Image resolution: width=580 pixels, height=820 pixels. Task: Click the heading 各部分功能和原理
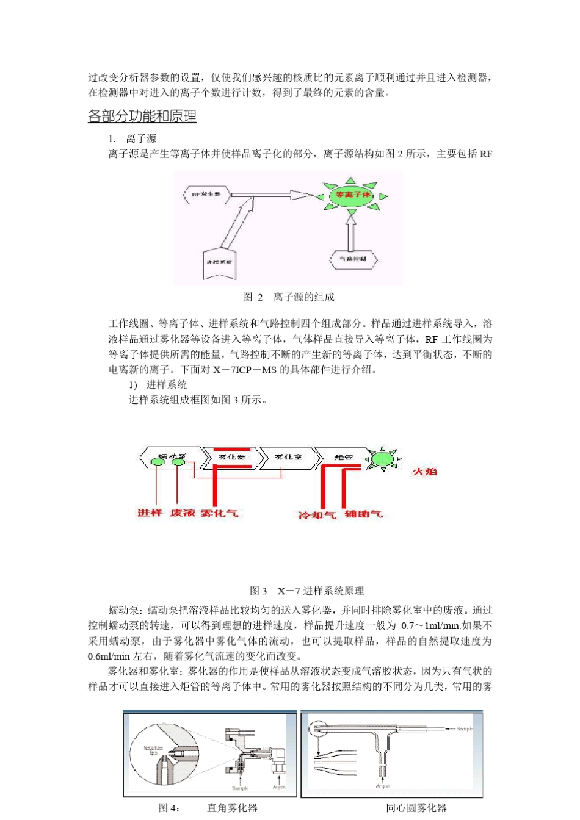pyautogui.click(x=142, y=116)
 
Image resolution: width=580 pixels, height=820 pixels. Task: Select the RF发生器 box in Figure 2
pyautogui.click(x=206, y=195)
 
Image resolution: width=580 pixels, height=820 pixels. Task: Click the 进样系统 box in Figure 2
pyautogui.click(x=219, y=262)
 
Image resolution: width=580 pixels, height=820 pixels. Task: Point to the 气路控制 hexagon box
pyautogui.click(x=353, y=259)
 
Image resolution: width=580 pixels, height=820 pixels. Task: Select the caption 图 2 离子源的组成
pyautogui.click(x=288, y=297)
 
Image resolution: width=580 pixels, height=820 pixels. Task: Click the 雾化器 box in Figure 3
pyautogui.click(x=232, y=457)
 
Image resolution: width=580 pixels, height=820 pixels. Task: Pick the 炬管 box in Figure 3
pyautogui.click(x=344, y=457)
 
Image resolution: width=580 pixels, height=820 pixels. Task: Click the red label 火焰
pyautogui.click(x=424, y=472)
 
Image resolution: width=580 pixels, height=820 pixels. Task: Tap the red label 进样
pyautogui.click(x=150, y=513)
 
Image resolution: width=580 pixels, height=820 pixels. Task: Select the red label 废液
pyautogui.click(x=182, y=513)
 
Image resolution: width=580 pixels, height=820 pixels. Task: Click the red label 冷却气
pyautogui.click(x=316, y=515)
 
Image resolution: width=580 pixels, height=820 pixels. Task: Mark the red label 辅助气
pyautogui.click(x=363, y=514)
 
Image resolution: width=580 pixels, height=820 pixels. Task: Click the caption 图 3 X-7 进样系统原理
pyautogui.click(x=306, y=591)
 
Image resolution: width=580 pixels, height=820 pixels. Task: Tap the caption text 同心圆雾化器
pyautogui.click(x=416, y=808)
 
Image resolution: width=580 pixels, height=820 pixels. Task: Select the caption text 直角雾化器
pyautogui.click(x=232, y=808)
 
